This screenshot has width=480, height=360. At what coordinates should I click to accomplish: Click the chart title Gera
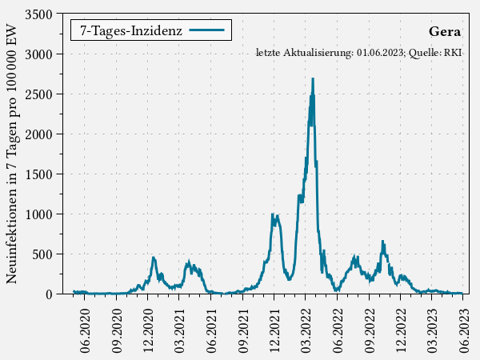(445, 32)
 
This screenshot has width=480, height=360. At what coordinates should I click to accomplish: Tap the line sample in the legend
(210, 30)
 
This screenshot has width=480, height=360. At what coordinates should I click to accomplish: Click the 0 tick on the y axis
(49, 294)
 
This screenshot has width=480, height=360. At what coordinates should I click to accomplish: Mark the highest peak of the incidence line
(313, 78)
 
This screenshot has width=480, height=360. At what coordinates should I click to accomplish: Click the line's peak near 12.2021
(273, 214)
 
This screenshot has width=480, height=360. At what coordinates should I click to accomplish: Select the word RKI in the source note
(454, 53)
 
